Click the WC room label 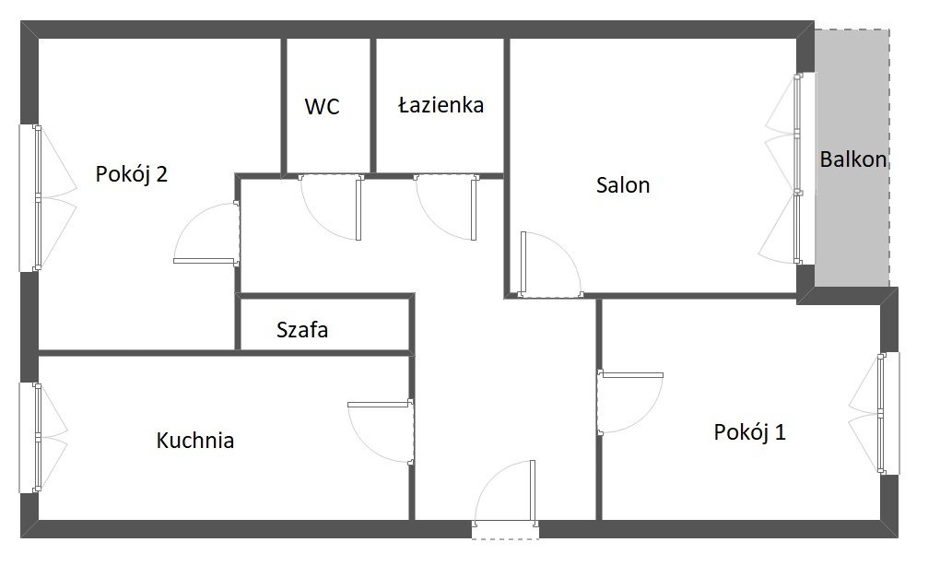point(322,106)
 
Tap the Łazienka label point(441,105)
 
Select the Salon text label point(623,184)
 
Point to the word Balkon point(853,159)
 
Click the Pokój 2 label point(131,174)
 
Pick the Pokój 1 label point(749,431)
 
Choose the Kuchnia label point(194,440)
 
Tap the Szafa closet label point(302,330)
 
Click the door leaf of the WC point(358,208)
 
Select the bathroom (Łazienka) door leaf point(474,208)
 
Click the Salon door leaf point(523,264)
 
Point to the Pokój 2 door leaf point(206,261)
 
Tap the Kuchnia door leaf point(380,405)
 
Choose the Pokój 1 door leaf point(630,375)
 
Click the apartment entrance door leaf point(533,493)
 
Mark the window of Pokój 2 point(38,198)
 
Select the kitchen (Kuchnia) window point(38,438)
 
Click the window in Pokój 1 point(881,413)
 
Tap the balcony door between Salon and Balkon point(797,169)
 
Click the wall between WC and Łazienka point(373,106)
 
